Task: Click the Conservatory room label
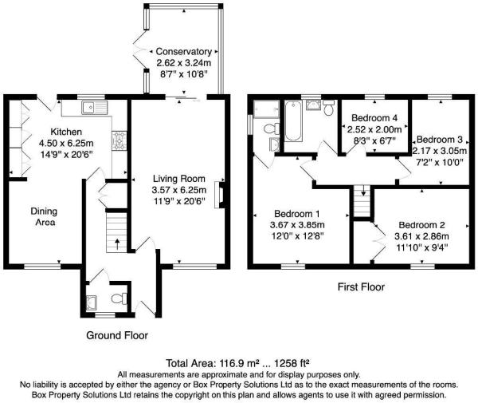[x=183, y=52]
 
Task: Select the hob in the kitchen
[x=119, y=141]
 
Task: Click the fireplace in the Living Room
[x=221, y=194]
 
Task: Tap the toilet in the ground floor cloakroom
[x=119, y=298]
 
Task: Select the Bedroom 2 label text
[x=423, y=225]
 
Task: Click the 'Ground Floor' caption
[x=116, y=335]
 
